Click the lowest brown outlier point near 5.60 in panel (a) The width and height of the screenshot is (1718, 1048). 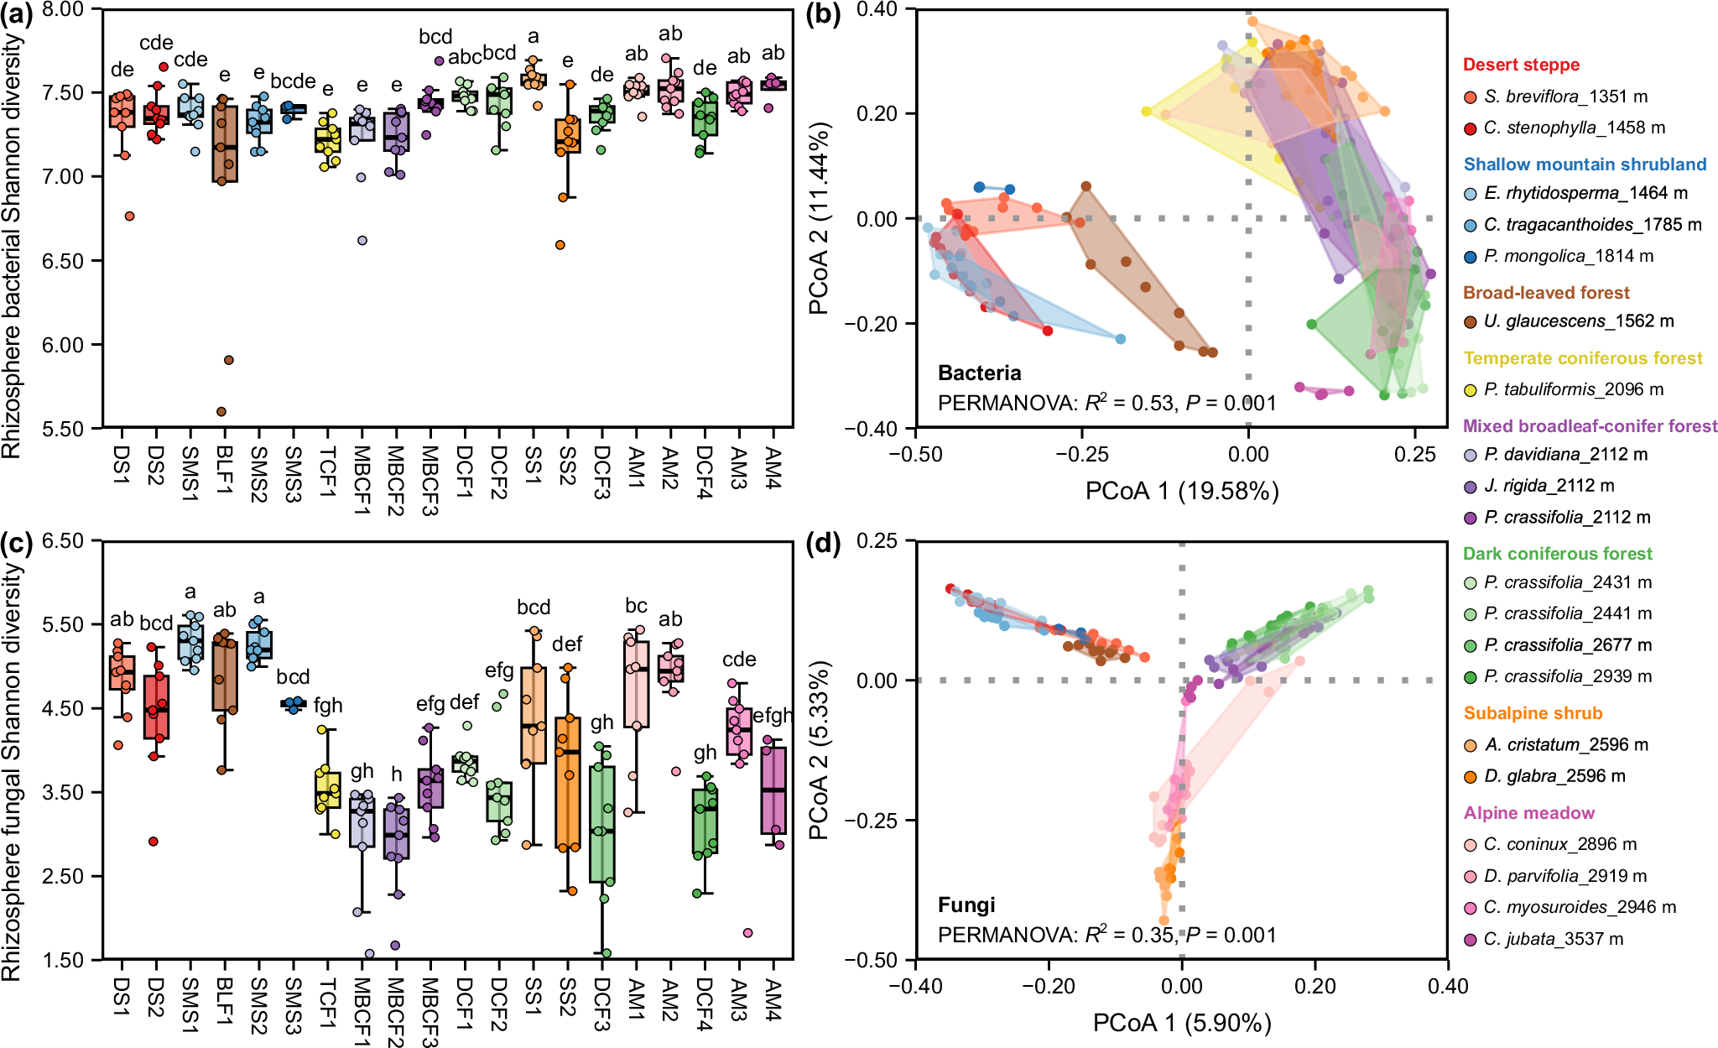[x=221, y=411]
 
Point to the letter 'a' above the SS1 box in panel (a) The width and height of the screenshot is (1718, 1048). [x=534, y=37]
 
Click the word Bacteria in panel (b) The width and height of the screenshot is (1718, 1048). [x=979, y=373]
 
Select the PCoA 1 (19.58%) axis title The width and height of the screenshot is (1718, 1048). [x=1181, y=491]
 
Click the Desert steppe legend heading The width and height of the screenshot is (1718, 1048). [x=1521, y=65]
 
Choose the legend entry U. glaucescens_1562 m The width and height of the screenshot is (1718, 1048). [x=1578, y=321]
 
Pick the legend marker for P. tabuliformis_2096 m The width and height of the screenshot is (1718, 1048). [x=1470, y=390]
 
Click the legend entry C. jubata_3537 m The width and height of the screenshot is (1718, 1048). [x=1553, y=940]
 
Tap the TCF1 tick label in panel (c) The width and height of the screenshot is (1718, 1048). [x=327, y=1002]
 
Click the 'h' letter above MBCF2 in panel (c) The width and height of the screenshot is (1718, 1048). [x=396, y=774]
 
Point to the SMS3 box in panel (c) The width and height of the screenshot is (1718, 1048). [x=293, y=704]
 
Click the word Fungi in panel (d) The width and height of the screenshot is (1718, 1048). [x=966, y=905]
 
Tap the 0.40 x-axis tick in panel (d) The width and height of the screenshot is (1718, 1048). [x=1447, y=986]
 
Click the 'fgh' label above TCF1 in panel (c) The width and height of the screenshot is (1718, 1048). [x=328, y=706]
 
